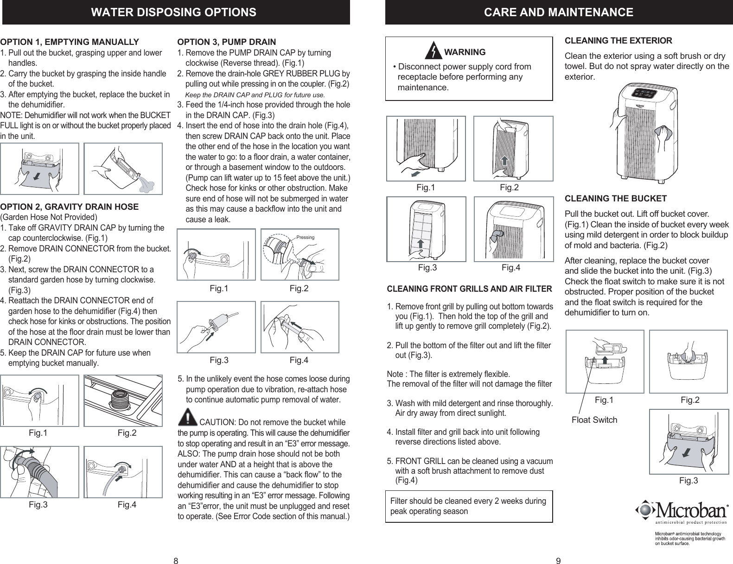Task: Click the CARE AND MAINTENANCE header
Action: click(x=558, y=13)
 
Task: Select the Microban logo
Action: click(x=681, y=511)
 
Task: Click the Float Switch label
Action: click(x=594, y=420)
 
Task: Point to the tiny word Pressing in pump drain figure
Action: click(x=305, y=238)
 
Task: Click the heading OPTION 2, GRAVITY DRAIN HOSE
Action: click(x=70, y=207)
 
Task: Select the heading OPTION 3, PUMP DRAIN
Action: click(x=227, y=42)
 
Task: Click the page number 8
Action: click(x=176, y=561)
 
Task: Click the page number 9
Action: click(x=558, y=561)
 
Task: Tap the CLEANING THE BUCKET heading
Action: click(x=616, y=199)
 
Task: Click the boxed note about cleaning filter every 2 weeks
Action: click(x=469, y=506)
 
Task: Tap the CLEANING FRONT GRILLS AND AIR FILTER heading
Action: click(x=469, y=289)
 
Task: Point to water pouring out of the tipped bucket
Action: click(x=147, y=186)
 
